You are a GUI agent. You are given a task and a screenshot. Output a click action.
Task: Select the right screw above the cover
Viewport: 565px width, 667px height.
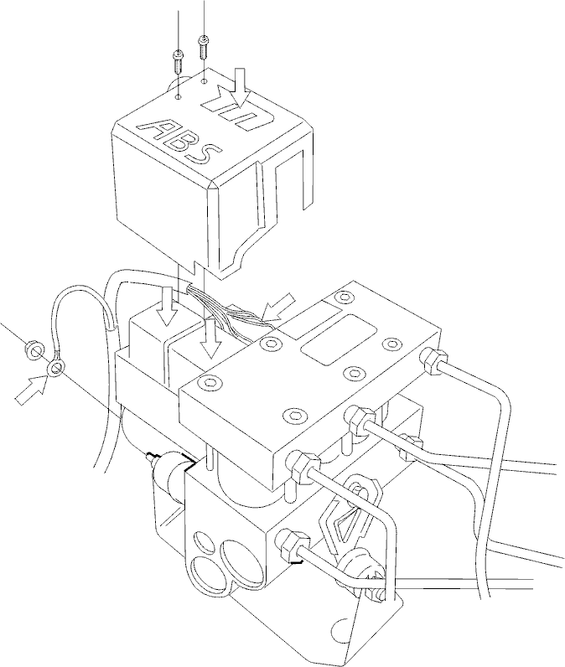[203, 46]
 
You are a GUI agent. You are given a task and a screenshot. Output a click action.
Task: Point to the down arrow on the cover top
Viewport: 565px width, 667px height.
[240, 88]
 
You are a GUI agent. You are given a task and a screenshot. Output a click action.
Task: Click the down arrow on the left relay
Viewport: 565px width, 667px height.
[166, 308]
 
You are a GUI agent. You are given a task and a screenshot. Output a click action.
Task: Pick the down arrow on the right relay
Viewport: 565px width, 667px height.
[212, 338]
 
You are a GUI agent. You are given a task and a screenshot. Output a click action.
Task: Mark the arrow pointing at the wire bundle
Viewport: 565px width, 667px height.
[278, 308]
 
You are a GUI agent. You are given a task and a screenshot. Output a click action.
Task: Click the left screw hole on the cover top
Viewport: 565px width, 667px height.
[179, 97]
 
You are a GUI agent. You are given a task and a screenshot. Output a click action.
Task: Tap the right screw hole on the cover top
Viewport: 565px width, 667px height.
[205, 80]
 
